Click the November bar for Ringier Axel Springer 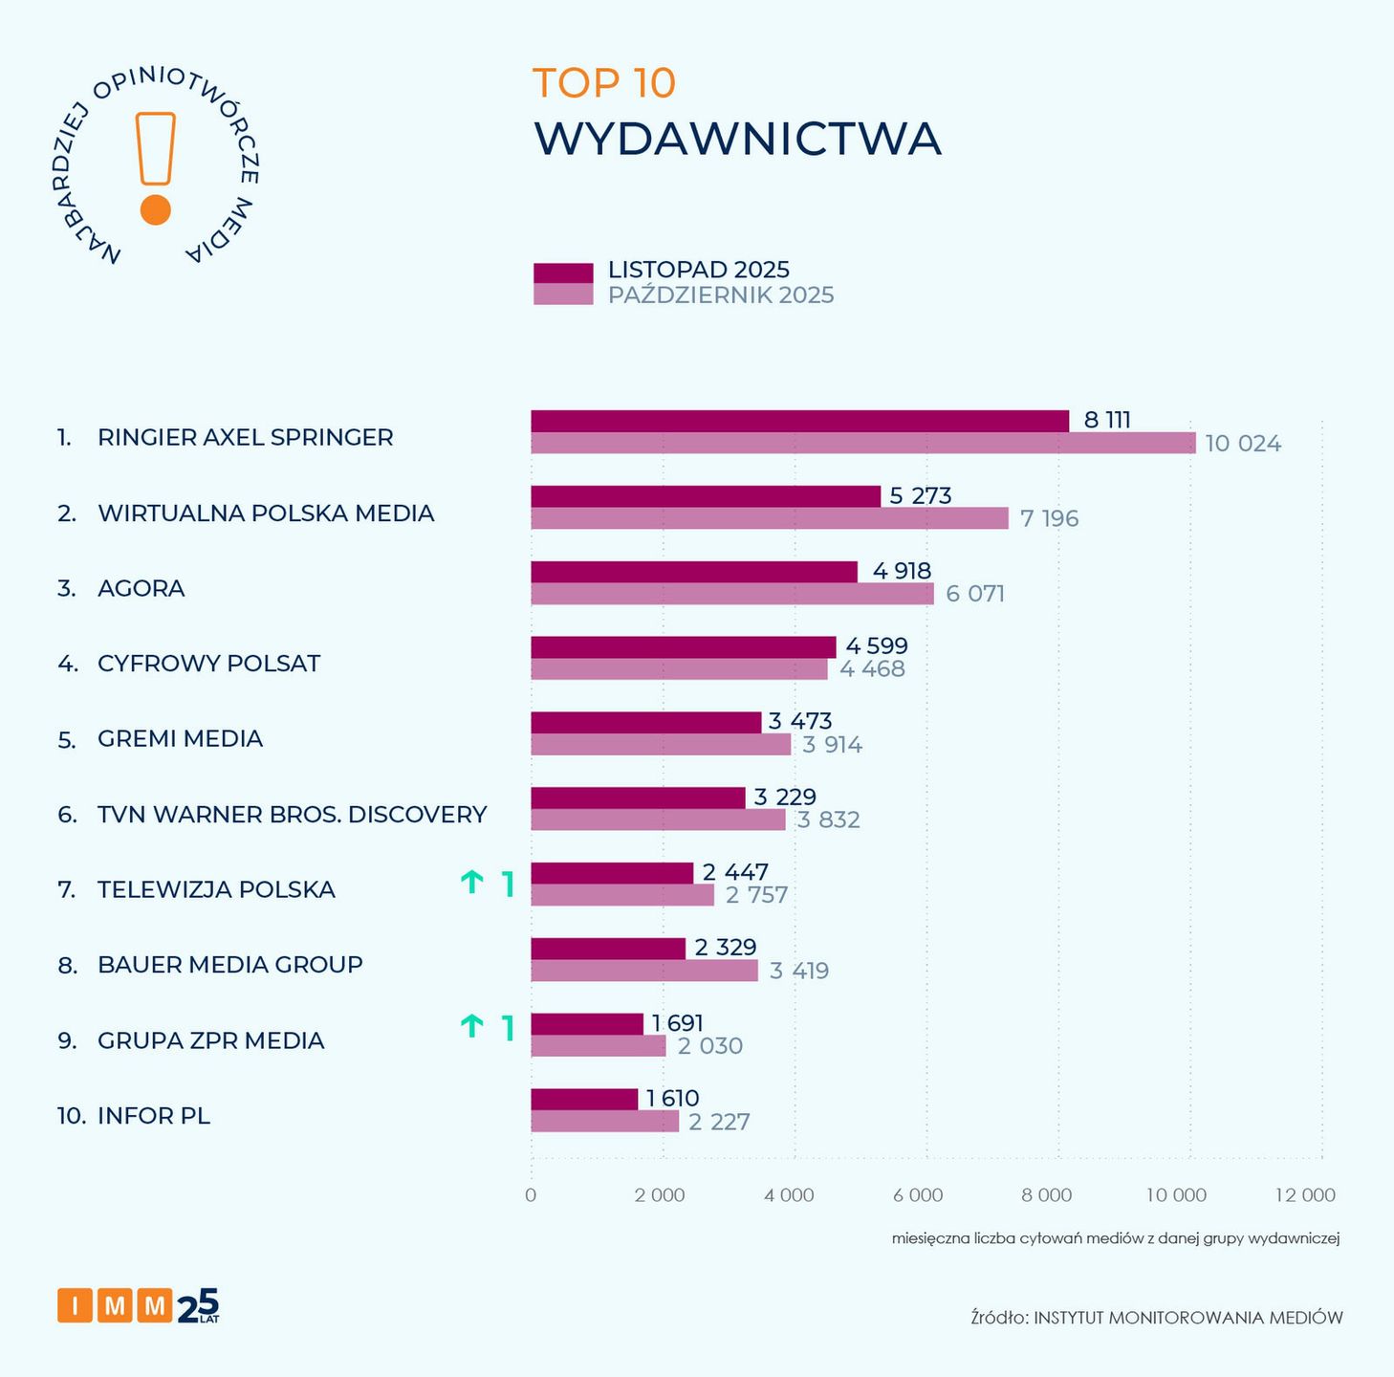pyautogui.click(x=799, y=421)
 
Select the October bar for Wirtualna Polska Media pyautogui.click(x=770, y=518)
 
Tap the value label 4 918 pyautogui.click(x=902, y=571)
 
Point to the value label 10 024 pyautogui.click(x=1243, y=444)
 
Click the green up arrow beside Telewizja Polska pyautogui.click(x=471, y=883)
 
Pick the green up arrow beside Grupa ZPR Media pyautogui.click(x=471, y=1027)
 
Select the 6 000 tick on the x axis pyautogui.click(x=918, y=1195)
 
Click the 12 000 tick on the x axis pyautogui.click(x=1305, y=1195)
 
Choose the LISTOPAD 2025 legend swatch pyautogui.click(x=562, y=272)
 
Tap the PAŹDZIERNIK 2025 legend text pyautogui.click(x=721, y=295)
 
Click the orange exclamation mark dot pyautogui.click(x=155, y=210)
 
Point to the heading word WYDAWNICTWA pyautogui.click(x=737, y=139)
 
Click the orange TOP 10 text pyautogui.click(x=603, y=83)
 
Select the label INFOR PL pyautogui.click(x=154, y=1116)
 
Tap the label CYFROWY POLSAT pyautogui.click(x=208, y=664)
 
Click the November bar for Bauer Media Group pyautogui.click(x=608, y=949)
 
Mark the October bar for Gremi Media pyautogui.click(x=661, y=745)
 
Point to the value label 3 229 pyautogui.click(x=785, y=797)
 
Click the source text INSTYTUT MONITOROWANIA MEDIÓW pyautogui.click(x=1188, y=1318)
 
